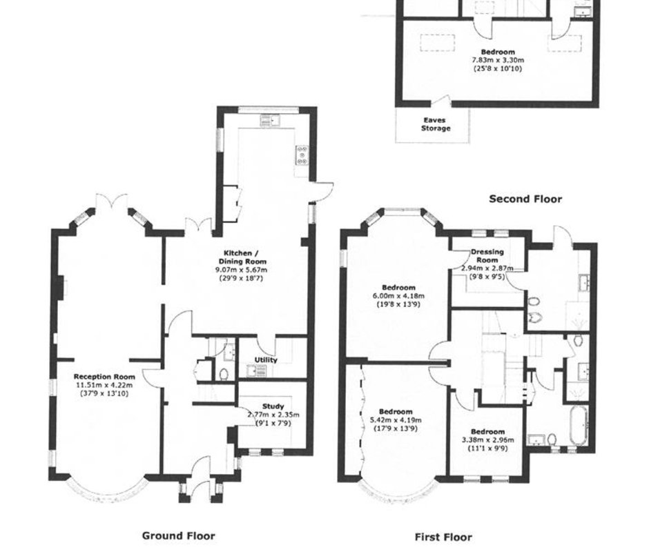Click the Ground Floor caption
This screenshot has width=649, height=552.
tap(178, 536)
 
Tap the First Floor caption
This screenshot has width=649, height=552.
tap(443, 537)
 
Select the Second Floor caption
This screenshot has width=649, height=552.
tap(525, 199)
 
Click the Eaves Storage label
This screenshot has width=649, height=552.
tap(436, 124)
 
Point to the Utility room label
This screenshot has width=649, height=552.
tap(266, 360)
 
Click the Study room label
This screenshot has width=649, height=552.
tap(273, 406)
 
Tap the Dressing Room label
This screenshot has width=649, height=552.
tap(487, 256)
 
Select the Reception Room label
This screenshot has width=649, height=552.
tap(104, 377)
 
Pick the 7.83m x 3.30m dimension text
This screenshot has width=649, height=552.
tap(498, 60)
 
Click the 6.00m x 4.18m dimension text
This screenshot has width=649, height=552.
tap(398, 296)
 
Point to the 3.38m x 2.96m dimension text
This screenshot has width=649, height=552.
tap(488, 440)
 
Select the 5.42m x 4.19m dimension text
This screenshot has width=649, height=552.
tap(396, 420)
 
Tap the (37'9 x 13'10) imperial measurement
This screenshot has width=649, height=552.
tap(104, 393)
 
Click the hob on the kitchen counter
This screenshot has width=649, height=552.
tap(302, 155)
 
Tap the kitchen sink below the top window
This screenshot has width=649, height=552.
tap(269, 121)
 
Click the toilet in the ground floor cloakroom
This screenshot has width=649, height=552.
tap(224, 374)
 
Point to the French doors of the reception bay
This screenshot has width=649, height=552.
tap(111, 202)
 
